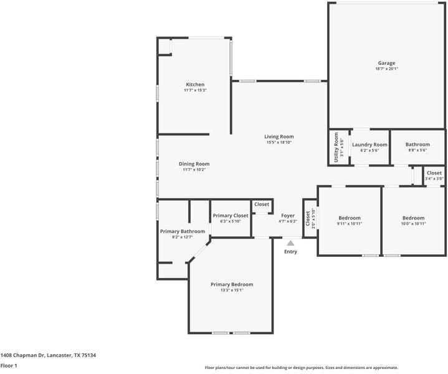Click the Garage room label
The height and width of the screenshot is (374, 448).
pyautogui.click(x=386, y=63)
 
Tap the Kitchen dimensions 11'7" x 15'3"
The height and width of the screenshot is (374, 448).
pyautogui.click(x=195, y=90)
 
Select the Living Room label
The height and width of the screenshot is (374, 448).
pyautogui.click(x=279, y=137)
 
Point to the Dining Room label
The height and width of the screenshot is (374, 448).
pyautogui.click(x=194, y=164)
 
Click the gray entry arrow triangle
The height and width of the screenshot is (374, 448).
pyautogui.click(x=290, y=243)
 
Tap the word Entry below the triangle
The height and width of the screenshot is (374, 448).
pyautogui.click(x=290, y=252)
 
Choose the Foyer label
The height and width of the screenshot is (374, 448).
pyautogui.click(x=288, y=216)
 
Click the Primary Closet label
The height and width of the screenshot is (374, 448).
pyautogui.click(x=231, y=216)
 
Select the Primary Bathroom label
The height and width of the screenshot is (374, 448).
pyautogui.click(x=183, y=231)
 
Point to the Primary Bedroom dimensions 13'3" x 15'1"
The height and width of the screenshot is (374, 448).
pyautogui.click(x=232, y=290)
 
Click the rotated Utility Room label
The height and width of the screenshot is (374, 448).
pyautogui.click(x=336, y=147)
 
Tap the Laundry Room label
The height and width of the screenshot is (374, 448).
pyautogui.click(x=369, y=145)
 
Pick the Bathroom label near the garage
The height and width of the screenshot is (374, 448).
pyautogui.click(x=417, y=145)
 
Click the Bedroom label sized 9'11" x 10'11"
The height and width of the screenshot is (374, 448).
pyautogui.click(x=350, y=218)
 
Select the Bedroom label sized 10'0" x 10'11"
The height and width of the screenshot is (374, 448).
pyautogui.click(x=414, y=218)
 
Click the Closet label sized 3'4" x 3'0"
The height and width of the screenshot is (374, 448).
pyautogui.click(x=434, y=173)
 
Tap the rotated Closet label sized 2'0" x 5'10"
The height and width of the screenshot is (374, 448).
pyautogui.click(x=308, y=218)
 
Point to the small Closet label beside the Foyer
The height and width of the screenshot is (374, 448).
pyautogui.click(x=262, y=204)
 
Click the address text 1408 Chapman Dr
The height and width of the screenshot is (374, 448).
pyautogui.click(x=22, y=355)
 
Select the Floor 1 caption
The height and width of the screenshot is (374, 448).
pyautogui.click(x=9, y=365)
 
